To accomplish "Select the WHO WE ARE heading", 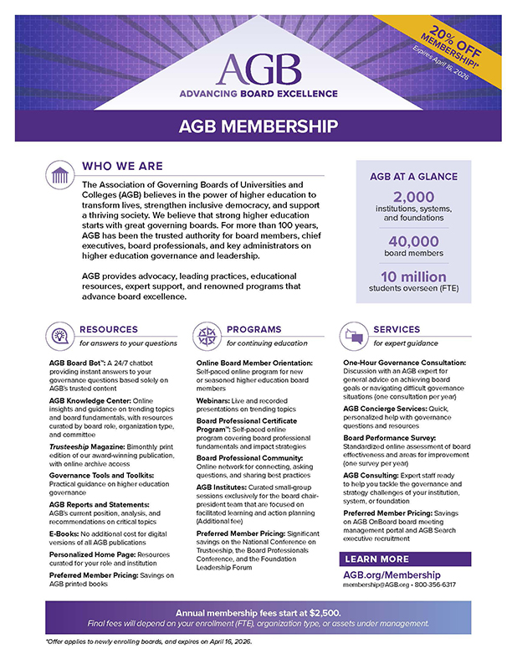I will pyautogui.click(x=122, y=166).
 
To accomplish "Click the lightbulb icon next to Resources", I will pyautogui.click(x=60, y=336).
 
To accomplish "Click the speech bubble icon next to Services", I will pyautogui.click(x=354, y=336).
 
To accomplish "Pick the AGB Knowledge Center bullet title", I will pyautogui.click(x=85, y=399).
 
